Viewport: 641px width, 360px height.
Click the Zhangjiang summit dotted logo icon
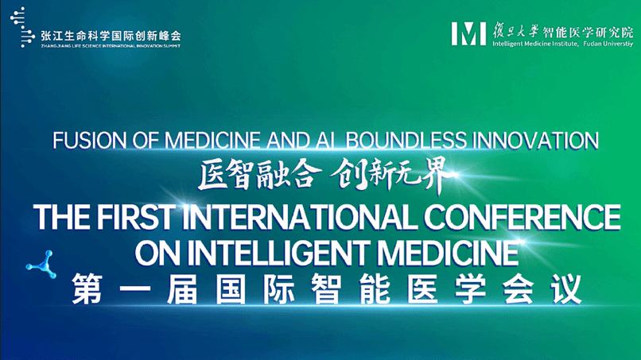click(x=22, y=27)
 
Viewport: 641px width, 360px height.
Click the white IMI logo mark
click(x=468, y=33)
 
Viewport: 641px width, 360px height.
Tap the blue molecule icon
click(x=41, y=265)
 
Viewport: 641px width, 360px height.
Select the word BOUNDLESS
click(x=406, y=141)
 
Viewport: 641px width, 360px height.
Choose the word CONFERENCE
click(x=522, y=217)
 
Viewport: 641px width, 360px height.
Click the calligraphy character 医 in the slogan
click(x=212, y=175)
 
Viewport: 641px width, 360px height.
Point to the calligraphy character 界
click(x=438, y=175)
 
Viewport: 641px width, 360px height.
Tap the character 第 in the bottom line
click(x=87, y=289)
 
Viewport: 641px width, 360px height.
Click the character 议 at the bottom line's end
click(x=566, y=289)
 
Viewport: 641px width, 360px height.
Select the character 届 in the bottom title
click(x=182, y=289)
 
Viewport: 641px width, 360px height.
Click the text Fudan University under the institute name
click(x=608, y=44)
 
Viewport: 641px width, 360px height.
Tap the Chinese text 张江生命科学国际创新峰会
click(x=111, y=36)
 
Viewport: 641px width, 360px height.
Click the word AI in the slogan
click(x=324, y=141)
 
